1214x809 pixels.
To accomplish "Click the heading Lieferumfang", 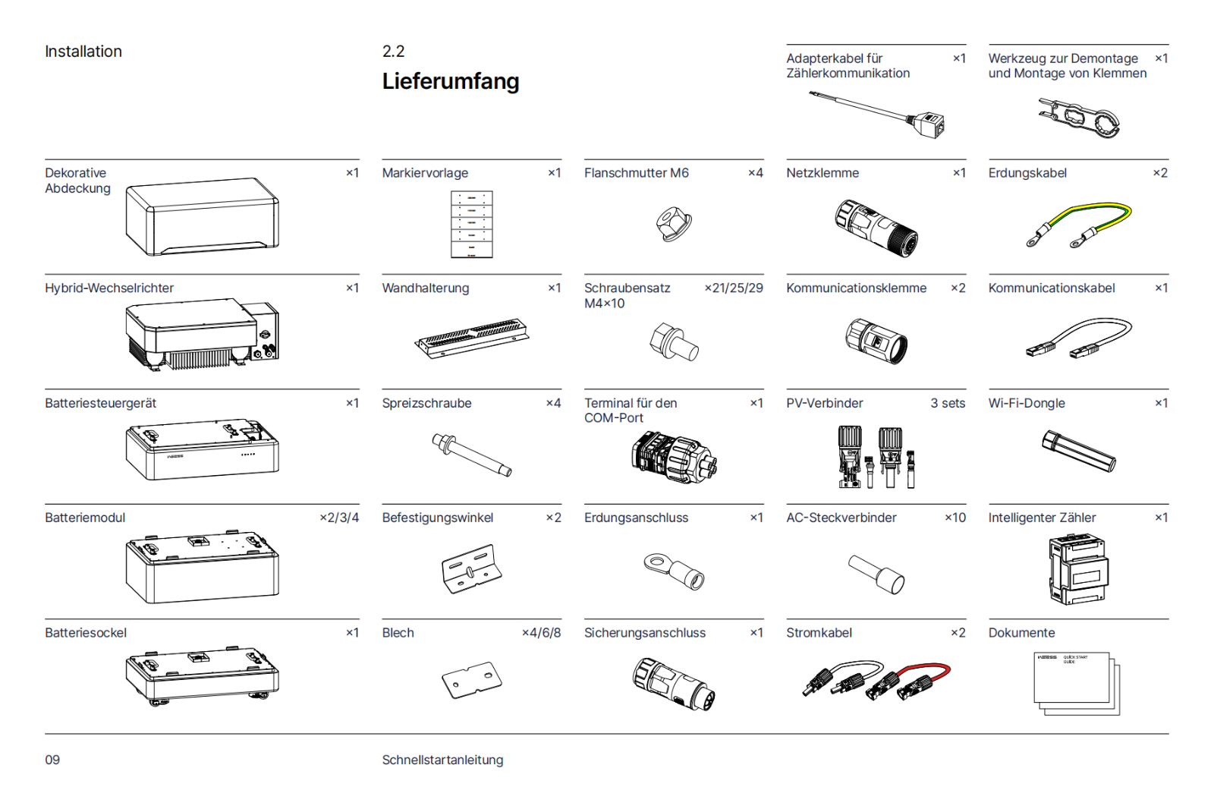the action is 451,81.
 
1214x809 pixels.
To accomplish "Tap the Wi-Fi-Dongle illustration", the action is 1078,451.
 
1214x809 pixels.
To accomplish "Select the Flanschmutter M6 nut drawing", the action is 674,223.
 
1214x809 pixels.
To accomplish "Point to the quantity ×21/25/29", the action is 734,288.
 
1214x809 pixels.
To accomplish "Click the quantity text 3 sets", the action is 948,403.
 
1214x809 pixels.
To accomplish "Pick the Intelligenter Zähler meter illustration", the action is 1078,568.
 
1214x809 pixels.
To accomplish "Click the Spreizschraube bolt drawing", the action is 471,455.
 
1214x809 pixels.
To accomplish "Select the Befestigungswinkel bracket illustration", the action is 471,569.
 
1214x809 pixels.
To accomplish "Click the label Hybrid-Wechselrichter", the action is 109,288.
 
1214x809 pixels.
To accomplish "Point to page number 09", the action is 52,760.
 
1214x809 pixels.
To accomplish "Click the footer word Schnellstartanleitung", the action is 443,760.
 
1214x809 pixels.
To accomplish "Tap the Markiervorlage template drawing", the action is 471,224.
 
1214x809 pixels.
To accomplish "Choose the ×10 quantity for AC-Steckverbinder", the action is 955,518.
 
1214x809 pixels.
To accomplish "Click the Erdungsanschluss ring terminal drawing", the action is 674,571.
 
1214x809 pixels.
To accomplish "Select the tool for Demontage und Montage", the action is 1078,118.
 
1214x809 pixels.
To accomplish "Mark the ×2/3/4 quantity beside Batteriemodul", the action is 339,518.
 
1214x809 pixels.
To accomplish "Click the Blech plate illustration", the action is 471,680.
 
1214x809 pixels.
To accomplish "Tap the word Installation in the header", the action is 83,52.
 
